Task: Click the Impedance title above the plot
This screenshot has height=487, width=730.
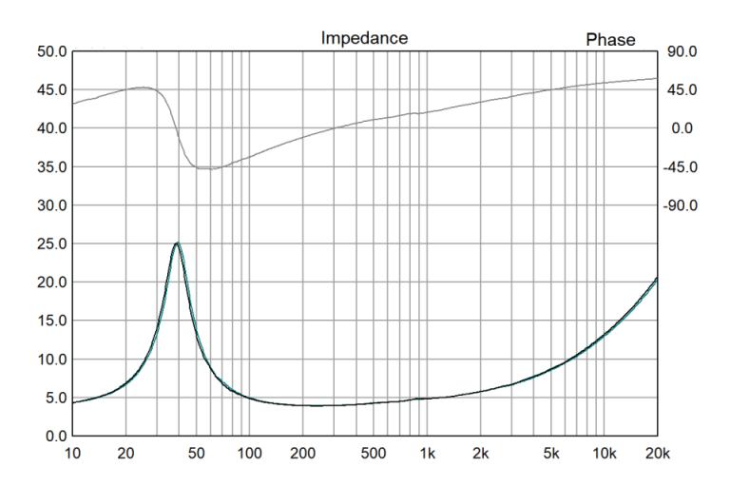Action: [364, 39]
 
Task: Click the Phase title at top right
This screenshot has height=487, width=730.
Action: [609, 39]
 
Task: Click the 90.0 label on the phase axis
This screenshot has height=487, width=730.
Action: [683, 51]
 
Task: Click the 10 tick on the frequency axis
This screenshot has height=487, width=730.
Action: [72, 454]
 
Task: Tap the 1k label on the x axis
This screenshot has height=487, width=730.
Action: [428, 454]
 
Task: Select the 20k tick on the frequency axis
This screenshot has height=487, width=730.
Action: [657, 454]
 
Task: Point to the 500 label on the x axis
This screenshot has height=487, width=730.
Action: [375, 454]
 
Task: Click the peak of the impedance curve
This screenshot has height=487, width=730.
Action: [177, 243]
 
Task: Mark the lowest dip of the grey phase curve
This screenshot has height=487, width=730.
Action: [209, 168]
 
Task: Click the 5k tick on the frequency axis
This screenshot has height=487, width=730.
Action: [551, 454]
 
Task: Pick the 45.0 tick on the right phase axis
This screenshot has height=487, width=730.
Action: [683, 90]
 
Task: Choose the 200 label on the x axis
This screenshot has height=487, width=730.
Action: [303, 454]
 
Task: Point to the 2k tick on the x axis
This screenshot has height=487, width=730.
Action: [481, 454]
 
